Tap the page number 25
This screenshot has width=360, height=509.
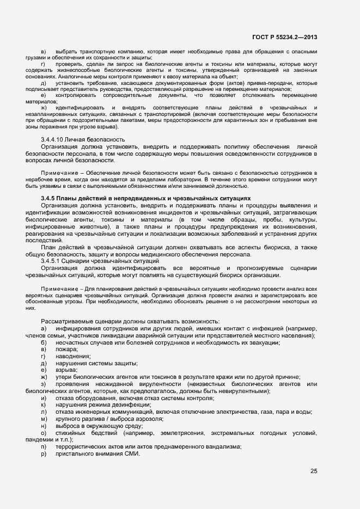314,471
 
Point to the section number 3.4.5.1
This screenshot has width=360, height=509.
52,261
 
